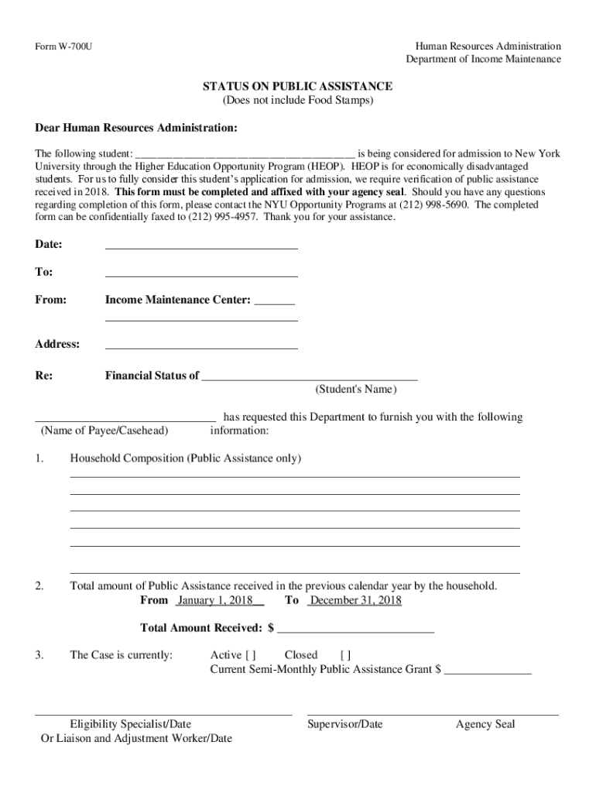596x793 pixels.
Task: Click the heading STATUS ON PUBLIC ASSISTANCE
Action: [297, 86]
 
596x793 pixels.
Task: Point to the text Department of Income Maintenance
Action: [484, 60]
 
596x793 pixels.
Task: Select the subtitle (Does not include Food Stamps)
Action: [297, 101]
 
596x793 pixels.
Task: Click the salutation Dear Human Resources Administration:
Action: [136, 127]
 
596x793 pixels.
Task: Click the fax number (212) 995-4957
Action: [216, 218]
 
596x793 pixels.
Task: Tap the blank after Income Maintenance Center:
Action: [274, 301]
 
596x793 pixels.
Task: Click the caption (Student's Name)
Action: [355, 389]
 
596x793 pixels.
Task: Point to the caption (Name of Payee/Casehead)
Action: [104, 431]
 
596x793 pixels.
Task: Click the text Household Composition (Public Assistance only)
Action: [185, 458]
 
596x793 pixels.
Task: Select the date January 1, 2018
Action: [210, 601]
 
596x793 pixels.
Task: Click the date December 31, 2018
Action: [356, 601]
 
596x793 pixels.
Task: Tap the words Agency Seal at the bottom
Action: [485, 725]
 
